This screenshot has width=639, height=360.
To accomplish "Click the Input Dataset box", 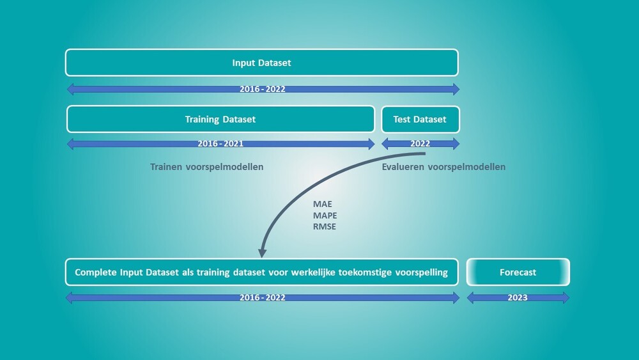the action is point(261,63).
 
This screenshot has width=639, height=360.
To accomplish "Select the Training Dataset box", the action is point(220,119).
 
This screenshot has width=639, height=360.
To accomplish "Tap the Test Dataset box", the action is point(420,119).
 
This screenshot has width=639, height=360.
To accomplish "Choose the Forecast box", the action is point(518,272).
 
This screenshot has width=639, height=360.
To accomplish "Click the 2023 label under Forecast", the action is point(518,297).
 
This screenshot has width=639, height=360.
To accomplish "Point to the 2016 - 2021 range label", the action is point(220,143).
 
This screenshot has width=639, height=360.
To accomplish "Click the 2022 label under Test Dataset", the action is point(420,143).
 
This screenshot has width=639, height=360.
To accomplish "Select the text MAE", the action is point(322,204).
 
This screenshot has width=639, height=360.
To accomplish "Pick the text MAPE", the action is point(325,215).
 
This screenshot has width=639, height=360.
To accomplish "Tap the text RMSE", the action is point(325,227).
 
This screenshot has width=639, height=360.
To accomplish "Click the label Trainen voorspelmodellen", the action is point(206,167).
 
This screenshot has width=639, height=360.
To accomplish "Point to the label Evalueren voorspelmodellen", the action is point(443,167).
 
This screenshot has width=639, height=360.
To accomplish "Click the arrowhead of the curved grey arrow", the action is point(263,253).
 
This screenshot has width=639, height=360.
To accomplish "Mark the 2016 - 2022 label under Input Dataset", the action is point(263,89).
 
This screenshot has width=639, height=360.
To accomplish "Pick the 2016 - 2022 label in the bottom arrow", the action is point(263,297).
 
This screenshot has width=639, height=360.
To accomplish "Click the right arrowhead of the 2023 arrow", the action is point(566,297).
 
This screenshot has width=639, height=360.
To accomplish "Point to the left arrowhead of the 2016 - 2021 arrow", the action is point(70,144).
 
